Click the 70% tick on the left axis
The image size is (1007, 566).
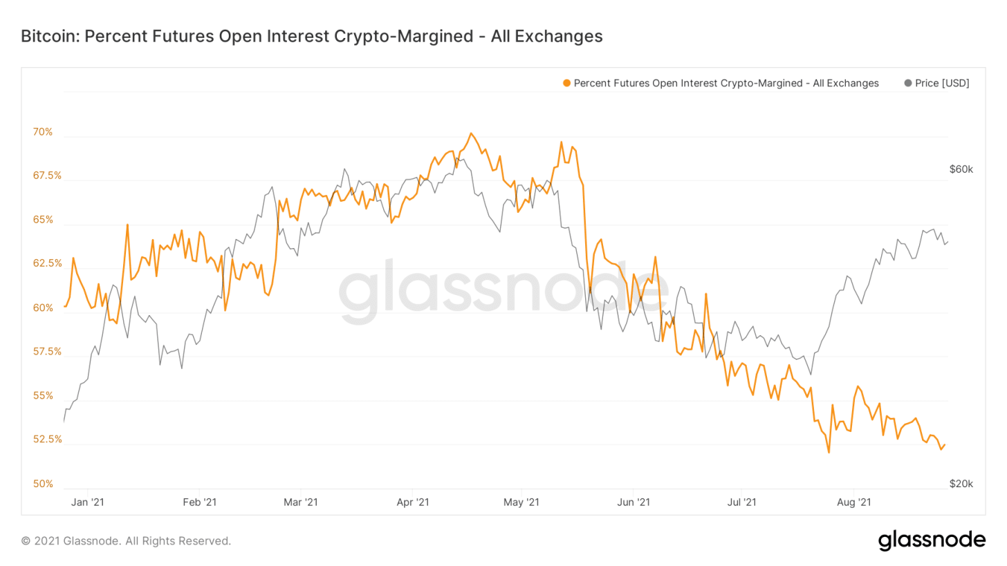(43, 131)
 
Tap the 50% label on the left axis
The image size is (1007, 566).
(43, 484)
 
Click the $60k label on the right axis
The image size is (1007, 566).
(961, 169)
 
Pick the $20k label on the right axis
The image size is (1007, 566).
(961, 484)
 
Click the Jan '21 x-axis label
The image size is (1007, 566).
(89, 502)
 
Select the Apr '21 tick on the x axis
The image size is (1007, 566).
(413, 502)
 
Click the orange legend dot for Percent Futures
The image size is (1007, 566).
(567, 83)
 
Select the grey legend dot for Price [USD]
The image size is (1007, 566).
(908, 83)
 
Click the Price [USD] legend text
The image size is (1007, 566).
(942, 83)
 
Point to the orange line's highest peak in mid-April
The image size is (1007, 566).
(470, 133)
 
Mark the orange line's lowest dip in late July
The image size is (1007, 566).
(829, 453)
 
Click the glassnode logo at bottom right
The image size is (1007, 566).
(932, 540)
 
